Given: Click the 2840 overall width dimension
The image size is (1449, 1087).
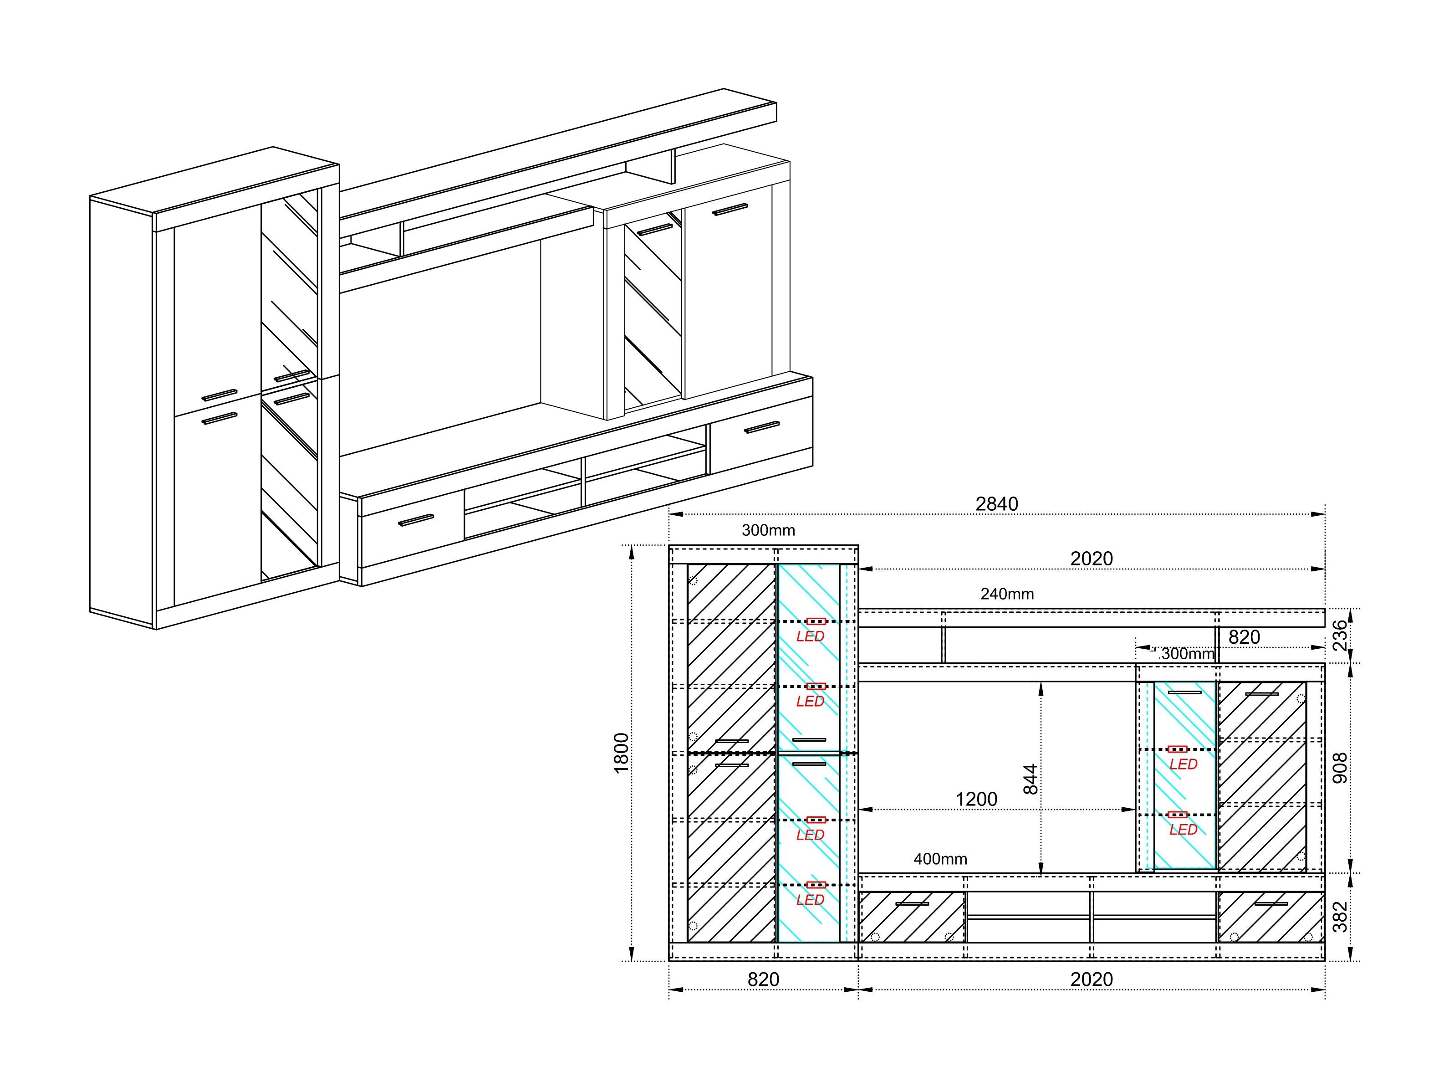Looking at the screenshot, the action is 996,504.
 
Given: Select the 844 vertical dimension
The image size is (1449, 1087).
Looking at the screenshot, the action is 1031,779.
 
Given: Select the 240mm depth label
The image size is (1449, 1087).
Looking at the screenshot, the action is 1007,594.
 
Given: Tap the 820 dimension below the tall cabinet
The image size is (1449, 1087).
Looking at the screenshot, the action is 763,979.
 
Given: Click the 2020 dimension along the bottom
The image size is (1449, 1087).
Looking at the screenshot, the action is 1092,979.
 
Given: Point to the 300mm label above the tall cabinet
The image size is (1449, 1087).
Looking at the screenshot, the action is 768,530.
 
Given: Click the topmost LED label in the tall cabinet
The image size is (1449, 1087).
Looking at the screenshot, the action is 810,636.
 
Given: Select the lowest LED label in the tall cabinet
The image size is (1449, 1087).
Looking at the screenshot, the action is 810,900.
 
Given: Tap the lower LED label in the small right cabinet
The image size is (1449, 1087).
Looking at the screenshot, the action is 1183,830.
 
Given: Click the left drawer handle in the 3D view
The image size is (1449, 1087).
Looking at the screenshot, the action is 416,520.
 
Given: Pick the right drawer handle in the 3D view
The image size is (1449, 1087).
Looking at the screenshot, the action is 762,427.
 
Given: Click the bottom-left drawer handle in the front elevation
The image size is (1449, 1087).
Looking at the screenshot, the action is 912,904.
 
